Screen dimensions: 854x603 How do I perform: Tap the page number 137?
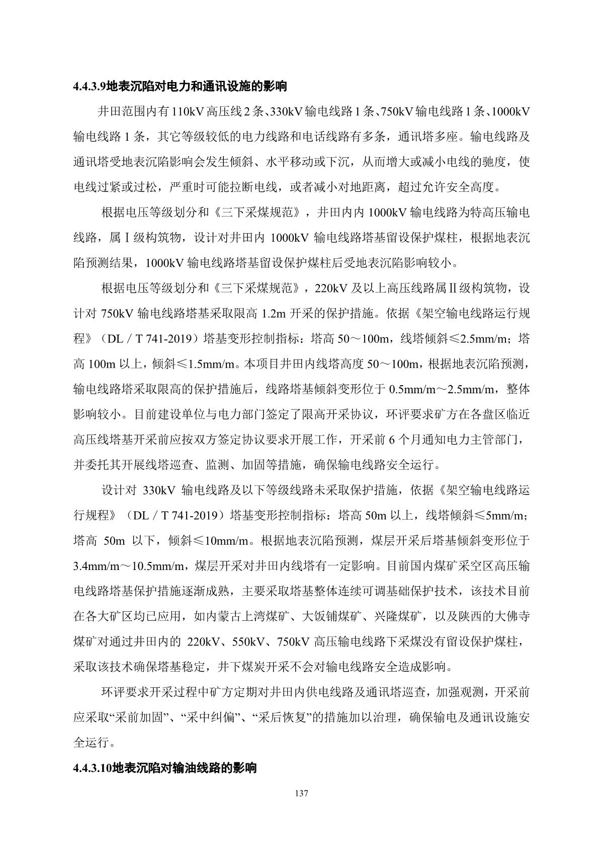tap(301, 794)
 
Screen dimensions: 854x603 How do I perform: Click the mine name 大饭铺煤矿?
tap(332, 616)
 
